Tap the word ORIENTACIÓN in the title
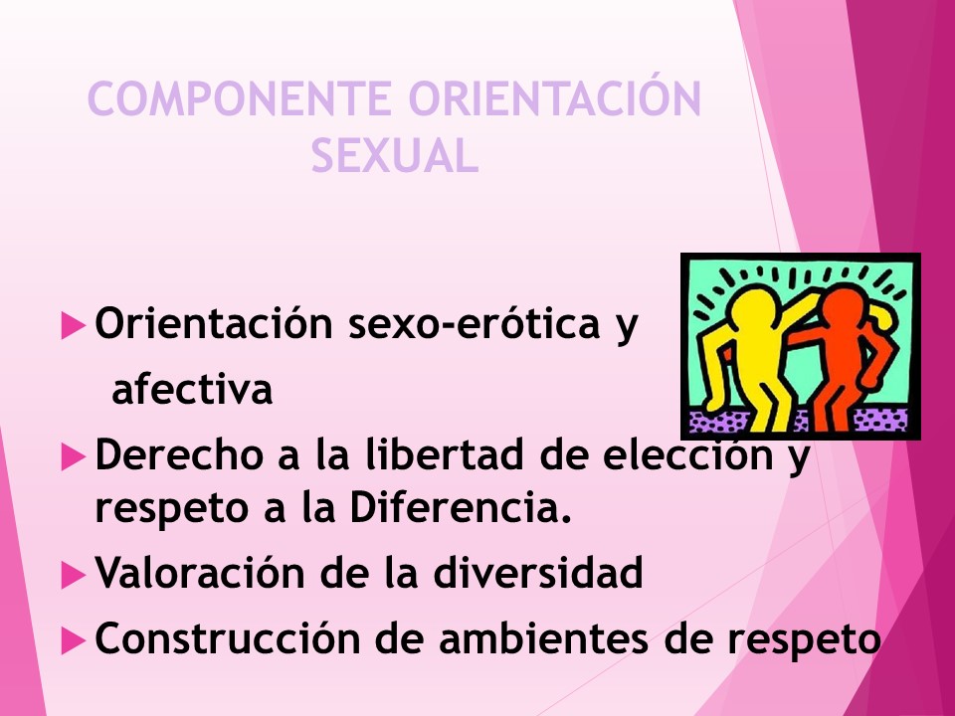(x=556, y=100)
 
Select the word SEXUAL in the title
(x=395, y=156)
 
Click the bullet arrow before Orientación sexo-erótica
(x=73, y=326)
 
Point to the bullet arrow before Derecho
(x=73, y=457)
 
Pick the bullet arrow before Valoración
(x=73, y=574)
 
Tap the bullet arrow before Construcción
(x=73, y=640)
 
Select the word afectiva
(x=192, y=391)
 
